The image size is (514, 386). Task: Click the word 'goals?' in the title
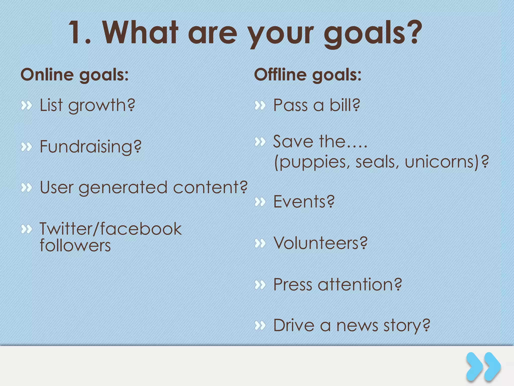[x=373, y=34]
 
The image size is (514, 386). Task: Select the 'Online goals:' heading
[x=75, y=75]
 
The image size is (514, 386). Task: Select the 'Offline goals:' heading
[x=308, y=75]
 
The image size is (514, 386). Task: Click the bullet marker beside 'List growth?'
[x=26, y=106]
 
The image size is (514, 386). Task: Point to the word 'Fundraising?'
[x=91, y=147]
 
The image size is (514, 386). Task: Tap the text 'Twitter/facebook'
[x=110, y=229]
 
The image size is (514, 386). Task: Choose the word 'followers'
[x=75, y=246]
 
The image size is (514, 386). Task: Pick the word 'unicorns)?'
[x=447, y=162]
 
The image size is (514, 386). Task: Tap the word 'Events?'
[x=304, y=202]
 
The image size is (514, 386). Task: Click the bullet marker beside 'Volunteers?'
[x=260, y=243]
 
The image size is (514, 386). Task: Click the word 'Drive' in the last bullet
[x=294, y=325]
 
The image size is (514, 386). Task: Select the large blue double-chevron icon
[x=483, y=367]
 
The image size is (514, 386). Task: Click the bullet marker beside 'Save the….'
[x=260, y=142]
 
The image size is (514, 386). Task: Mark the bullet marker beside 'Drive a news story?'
[x=260, y=325]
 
